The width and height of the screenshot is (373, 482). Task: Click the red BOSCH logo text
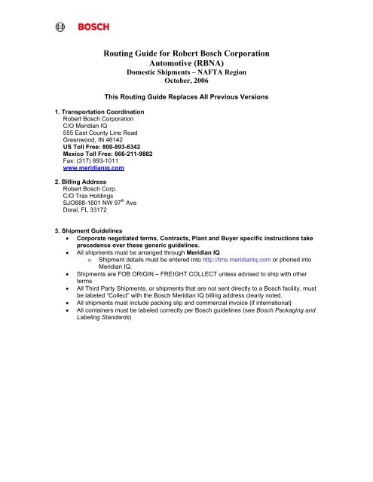coord(92,28)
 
